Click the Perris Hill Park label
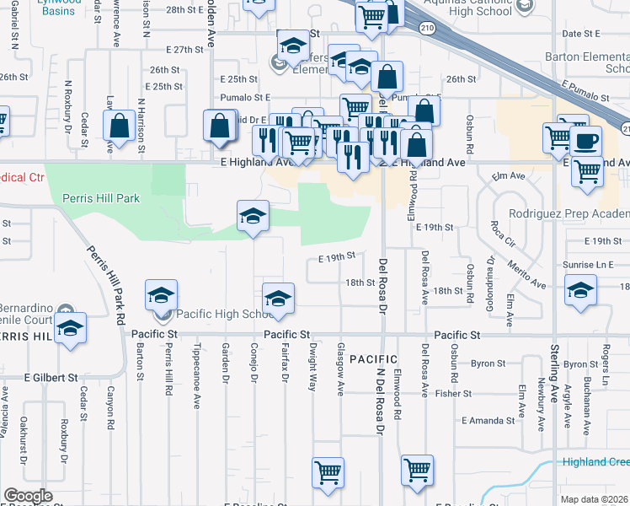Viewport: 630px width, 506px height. point(101,198)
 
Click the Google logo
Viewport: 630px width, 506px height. point(28,496)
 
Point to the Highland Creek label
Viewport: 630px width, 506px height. point(597,462)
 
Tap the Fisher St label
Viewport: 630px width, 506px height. point(453,393)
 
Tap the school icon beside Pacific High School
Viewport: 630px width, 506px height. point(161,295)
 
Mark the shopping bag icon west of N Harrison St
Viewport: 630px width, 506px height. point(119,126)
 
